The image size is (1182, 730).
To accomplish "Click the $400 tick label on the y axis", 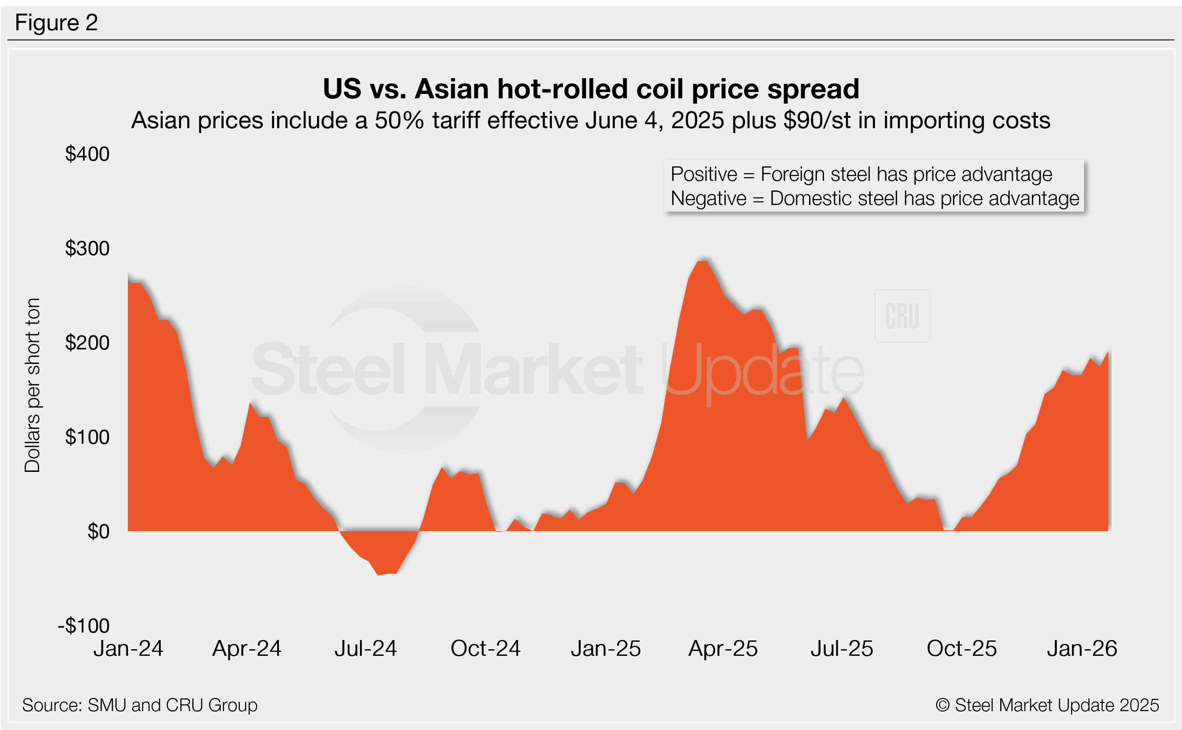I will pyautogui.click(x=87, y=154).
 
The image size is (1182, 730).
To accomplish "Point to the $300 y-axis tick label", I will pyautogui.click(x=87, y=248).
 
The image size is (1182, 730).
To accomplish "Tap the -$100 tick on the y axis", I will pyautogui.click(x=84, y=626).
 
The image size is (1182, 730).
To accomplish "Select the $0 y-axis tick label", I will pyautogui.click(x=98, y=532).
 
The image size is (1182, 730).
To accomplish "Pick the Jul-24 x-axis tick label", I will pyautogui.click(x=365, y=648).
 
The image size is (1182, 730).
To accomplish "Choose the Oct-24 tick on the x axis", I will pyautogui.click(x=485, y=648).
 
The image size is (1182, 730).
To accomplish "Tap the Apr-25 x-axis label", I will pyautogui.click(x=723, y=648).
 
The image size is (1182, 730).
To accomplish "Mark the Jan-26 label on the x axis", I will pyautogui.click(x=1082, y=648).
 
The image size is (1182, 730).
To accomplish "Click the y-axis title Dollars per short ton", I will pyautogui.click(x=33, y=385).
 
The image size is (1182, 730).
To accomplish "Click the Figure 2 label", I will pyautogui.click(x=57, y=23).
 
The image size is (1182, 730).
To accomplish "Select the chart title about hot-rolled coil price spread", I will pyautogui.click(x=591, y=89).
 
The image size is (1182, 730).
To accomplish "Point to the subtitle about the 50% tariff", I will pyautogui.click(x=591, y=120).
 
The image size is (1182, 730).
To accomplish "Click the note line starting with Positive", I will pyautogui.click(x=861, y=174).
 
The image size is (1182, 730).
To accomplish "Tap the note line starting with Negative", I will pyautogui.click(x=875, y=198).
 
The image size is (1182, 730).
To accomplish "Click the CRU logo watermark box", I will pyautogui.click(x=902, y=316).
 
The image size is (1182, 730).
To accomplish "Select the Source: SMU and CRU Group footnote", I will pyautogui.click(x=140, y=705).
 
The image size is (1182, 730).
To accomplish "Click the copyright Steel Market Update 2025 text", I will pyautogui.click(x=1047, y=705).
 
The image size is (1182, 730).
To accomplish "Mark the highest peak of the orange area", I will pyautogui.click(x=702, y=262).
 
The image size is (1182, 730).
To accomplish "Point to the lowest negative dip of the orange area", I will pyautogui.click(x=379, y=574).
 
